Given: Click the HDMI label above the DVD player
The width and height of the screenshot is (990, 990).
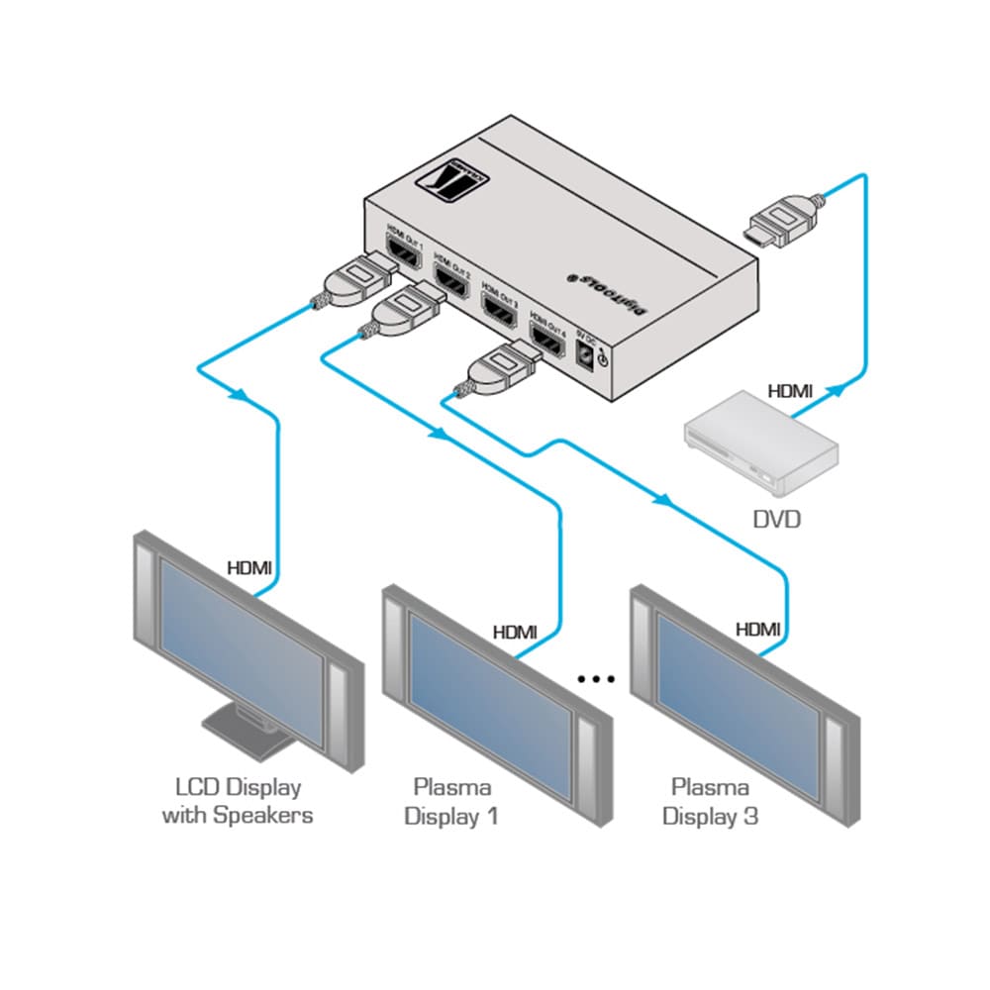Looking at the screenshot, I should pos(790,392).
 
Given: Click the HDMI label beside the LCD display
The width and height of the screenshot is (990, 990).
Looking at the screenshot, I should pos(249,568).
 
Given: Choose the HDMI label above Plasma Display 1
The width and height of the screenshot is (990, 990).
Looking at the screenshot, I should pos(515,631).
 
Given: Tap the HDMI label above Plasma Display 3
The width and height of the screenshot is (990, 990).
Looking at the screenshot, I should pos(757,629).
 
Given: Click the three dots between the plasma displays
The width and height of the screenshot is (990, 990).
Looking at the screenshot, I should pos(597,679).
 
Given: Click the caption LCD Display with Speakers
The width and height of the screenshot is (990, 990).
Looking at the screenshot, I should pos(238,802).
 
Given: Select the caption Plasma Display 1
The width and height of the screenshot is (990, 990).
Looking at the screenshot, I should pos(453,802).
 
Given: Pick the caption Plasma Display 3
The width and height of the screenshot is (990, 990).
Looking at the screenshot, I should pos(711,802).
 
